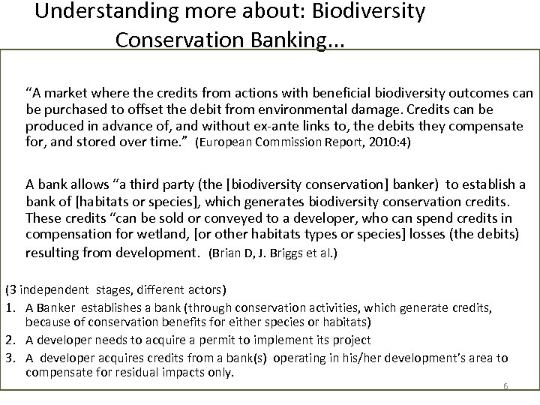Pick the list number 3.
point(9,358)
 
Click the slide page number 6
point(505,386)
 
